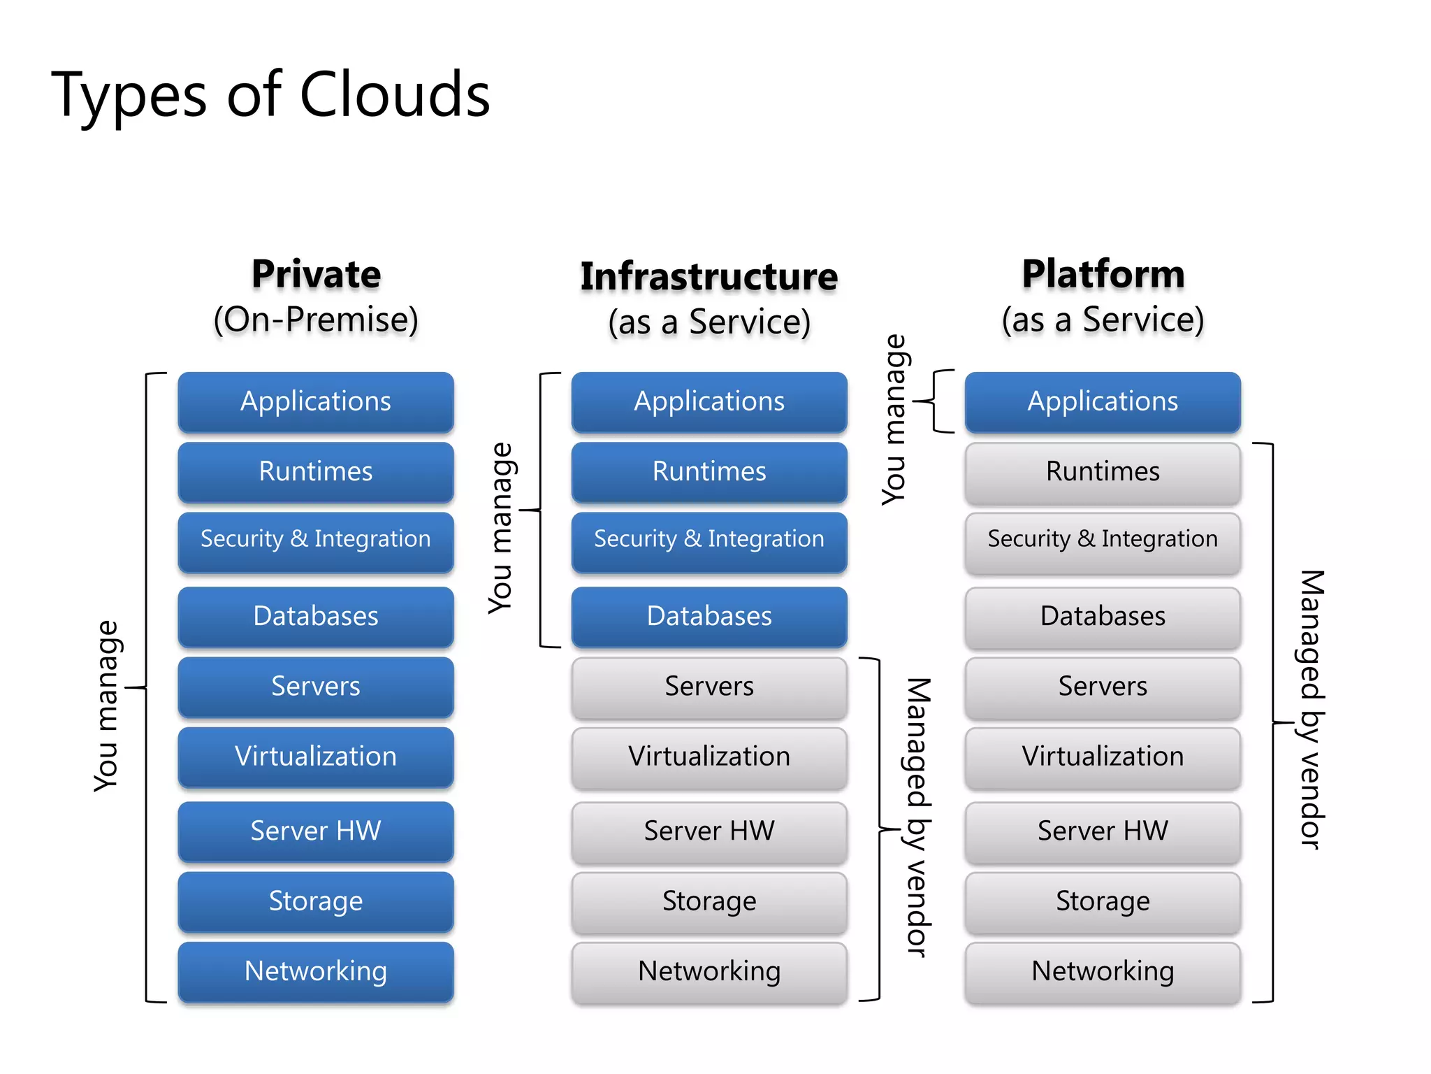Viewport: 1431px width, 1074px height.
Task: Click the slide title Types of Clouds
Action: tap(270, 95)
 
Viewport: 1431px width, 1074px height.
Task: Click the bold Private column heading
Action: tap(316, 274)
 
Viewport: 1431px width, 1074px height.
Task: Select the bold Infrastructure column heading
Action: tap(709, 277)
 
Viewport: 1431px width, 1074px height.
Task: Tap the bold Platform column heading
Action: tap(1103, 274)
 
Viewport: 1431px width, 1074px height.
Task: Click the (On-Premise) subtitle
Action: tap(316, 320)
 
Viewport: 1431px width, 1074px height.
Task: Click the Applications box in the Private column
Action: tap(316, 402)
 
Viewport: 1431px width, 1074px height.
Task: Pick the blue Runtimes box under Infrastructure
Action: tap(709, 472)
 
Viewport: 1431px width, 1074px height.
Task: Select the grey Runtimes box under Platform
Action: tap(1103, 472)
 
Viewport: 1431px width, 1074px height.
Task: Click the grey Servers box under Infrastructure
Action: tap(709, 687)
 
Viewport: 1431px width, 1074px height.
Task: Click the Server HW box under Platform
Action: tap(1103, 831)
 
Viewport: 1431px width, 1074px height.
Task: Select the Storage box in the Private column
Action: tap(316, 901)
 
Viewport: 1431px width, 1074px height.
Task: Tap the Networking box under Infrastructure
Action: tap(709, 971)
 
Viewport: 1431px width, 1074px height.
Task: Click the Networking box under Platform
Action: tap(1103, 971)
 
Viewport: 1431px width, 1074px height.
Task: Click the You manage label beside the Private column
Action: tap(107, 706)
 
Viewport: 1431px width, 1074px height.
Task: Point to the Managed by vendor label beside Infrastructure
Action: tap(918, 817)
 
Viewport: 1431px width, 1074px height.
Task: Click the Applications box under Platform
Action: tap(1103, 402)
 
